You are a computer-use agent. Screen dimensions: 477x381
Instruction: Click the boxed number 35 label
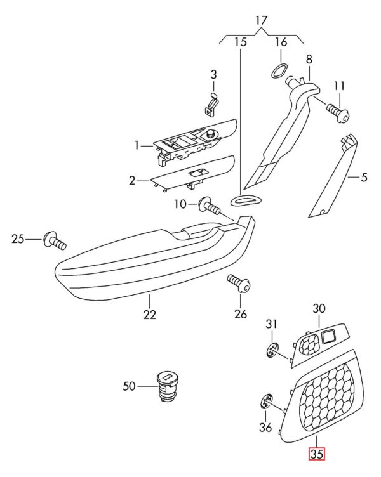316,454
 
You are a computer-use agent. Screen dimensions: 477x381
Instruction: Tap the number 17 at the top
262,21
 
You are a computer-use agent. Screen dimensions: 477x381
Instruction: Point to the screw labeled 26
239,282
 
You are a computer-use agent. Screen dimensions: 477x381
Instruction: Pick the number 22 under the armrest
149,313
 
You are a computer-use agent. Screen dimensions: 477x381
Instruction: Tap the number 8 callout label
309,60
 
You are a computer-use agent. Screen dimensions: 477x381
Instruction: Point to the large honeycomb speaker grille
324,393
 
